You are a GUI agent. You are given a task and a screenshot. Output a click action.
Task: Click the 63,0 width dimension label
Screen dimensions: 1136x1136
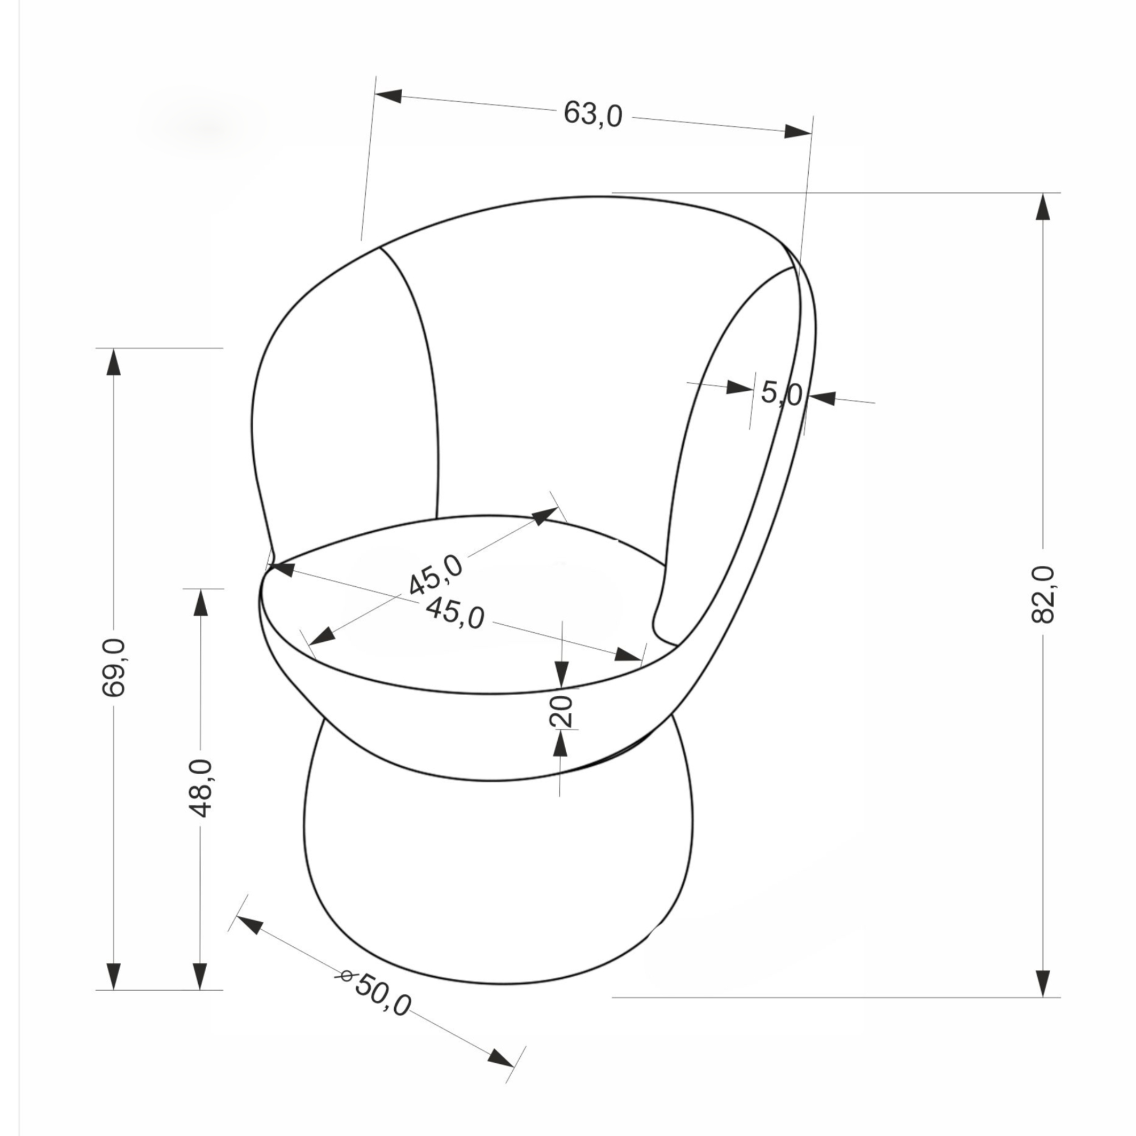(x=592, y=114)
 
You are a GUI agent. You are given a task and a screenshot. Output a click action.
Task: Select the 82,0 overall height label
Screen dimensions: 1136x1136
(x=1043, y=595)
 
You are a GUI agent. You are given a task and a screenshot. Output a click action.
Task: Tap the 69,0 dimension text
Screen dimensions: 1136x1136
(x=114, y=667)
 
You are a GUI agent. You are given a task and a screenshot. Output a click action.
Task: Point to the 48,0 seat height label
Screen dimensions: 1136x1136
(x=201, y=788)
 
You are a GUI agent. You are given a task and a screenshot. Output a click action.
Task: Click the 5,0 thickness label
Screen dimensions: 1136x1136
(x=782, y=393)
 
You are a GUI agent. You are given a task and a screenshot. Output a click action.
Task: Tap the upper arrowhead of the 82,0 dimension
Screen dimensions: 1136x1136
(x=1043, y=206)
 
